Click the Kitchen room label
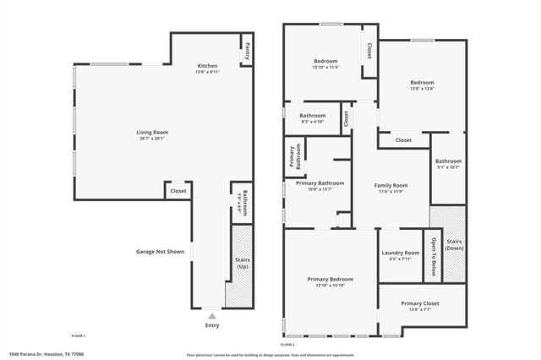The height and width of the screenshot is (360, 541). (x=208, y=66)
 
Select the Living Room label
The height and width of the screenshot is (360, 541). (x=153, y=133)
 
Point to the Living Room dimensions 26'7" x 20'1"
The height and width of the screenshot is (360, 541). (x=153, y=139)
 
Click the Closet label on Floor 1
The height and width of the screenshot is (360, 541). (x=178, y=191)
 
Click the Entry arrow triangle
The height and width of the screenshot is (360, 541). (x=211, y=316)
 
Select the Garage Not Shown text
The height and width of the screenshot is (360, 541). (x=159, y=251)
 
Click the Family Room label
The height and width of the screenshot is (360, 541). (x=391, y=185)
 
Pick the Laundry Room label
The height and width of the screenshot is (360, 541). (x=401, y=253)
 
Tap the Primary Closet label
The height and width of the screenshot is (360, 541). (x=420, y=303)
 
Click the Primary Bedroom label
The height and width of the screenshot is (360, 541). (x=330, y=279)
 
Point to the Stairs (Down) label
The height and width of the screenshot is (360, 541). (x=454, y=244)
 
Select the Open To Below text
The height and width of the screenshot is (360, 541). (x=433, y=254)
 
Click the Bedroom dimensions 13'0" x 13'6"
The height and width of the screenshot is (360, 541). (x=421, y=89)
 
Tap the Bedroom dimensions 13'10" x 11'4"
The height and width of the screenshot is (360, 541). (x=325, y=68)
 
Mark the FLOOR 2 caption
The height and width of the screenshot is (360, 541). (x=287, y=345)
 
